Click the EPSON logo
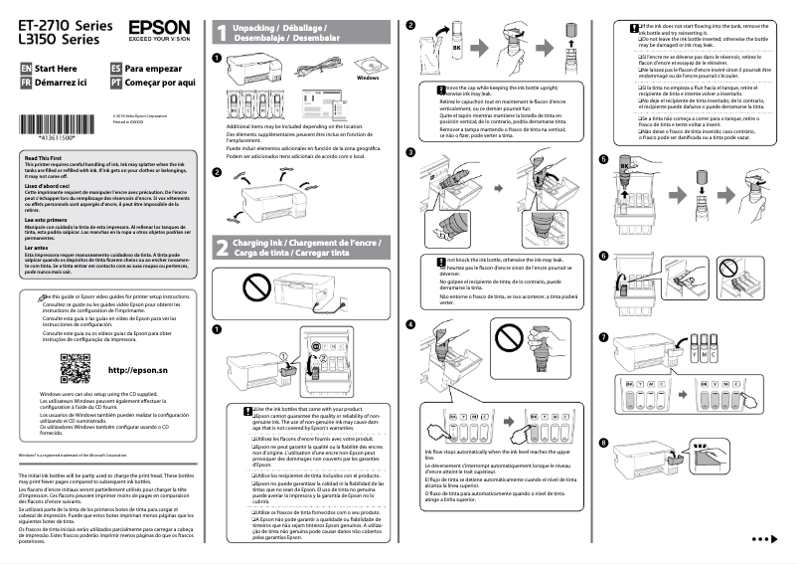(x=157, y=30)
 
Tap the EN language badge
(x=27, y=68)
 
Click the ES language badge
(x=117, y=68)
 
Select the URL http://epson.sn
(x=137, y=370)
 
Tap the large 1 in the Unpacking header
(x=221, y=33)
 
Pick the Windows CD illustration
(x=367, y=64)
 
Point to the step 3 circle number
(x=411, y=152)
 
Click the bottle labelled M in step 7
(x=694, y=352)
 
